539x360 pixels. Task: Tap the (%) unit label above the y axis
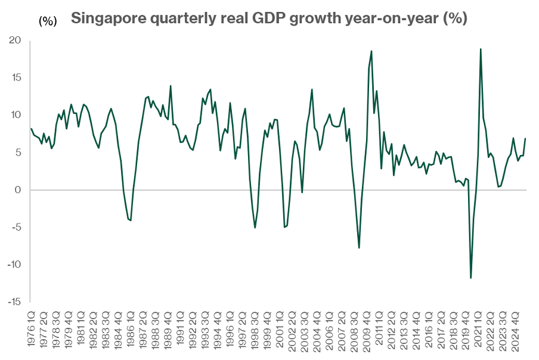48,21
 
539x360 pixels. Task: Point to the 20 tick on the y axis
14,41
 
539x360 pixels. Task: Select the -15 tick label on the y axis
13,302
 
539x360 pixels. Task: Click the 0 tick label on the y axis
18,190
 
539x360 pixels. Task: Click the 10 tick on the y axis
15,115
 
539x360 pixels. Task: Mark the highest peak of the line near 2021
481,49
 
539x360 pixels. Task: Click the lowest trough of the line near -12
471,278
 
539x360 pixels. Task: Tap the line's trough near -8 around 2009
359,248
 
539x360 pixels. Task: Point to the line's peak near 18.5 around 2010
371,51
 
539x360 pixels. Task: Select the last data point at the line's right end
525,138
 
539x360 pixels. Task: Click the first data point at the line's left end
31,129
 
